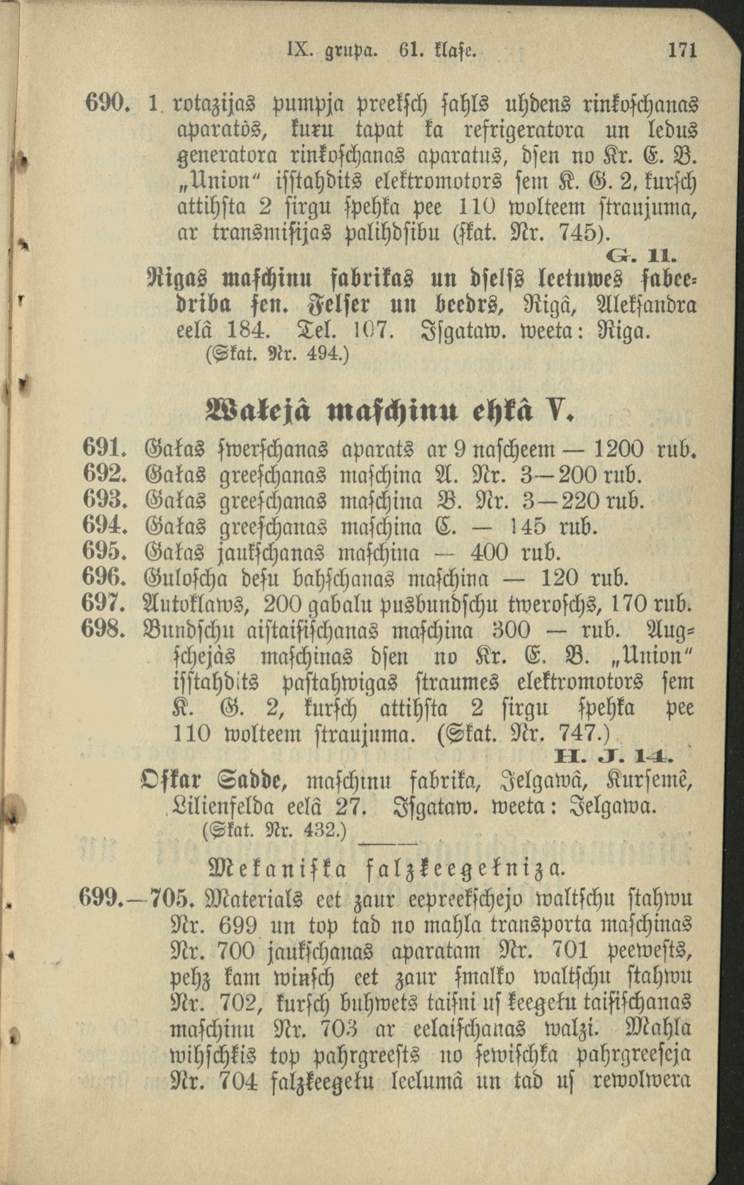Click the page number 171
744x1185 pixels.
click(682, 51)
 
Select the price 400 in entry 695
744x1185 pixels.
click(489, 553)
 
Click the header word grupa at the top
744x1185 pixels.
click(344, 51)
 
